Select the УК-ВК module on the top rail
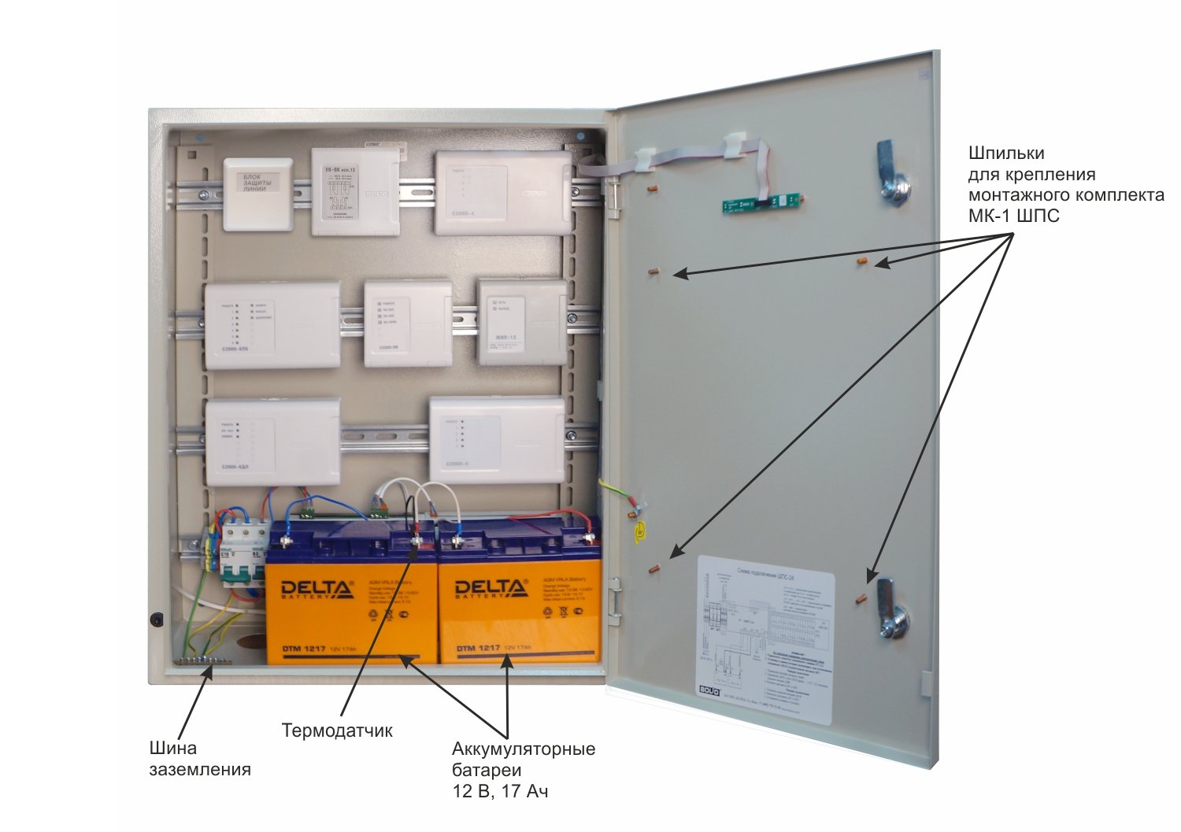355,192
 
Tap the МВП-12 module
521,322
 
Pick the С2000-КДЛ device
272,441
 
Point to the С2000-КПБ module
272,325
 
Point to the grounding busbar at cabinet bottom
202,661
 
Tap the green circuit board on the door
764,204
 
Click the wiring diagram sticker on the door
765,638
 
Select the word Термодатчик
337,730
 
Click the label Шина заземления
200,759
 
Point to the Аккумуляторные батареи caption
523,749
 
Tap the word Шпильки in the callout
1006,153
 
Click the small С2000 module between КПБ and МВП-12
407,324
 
